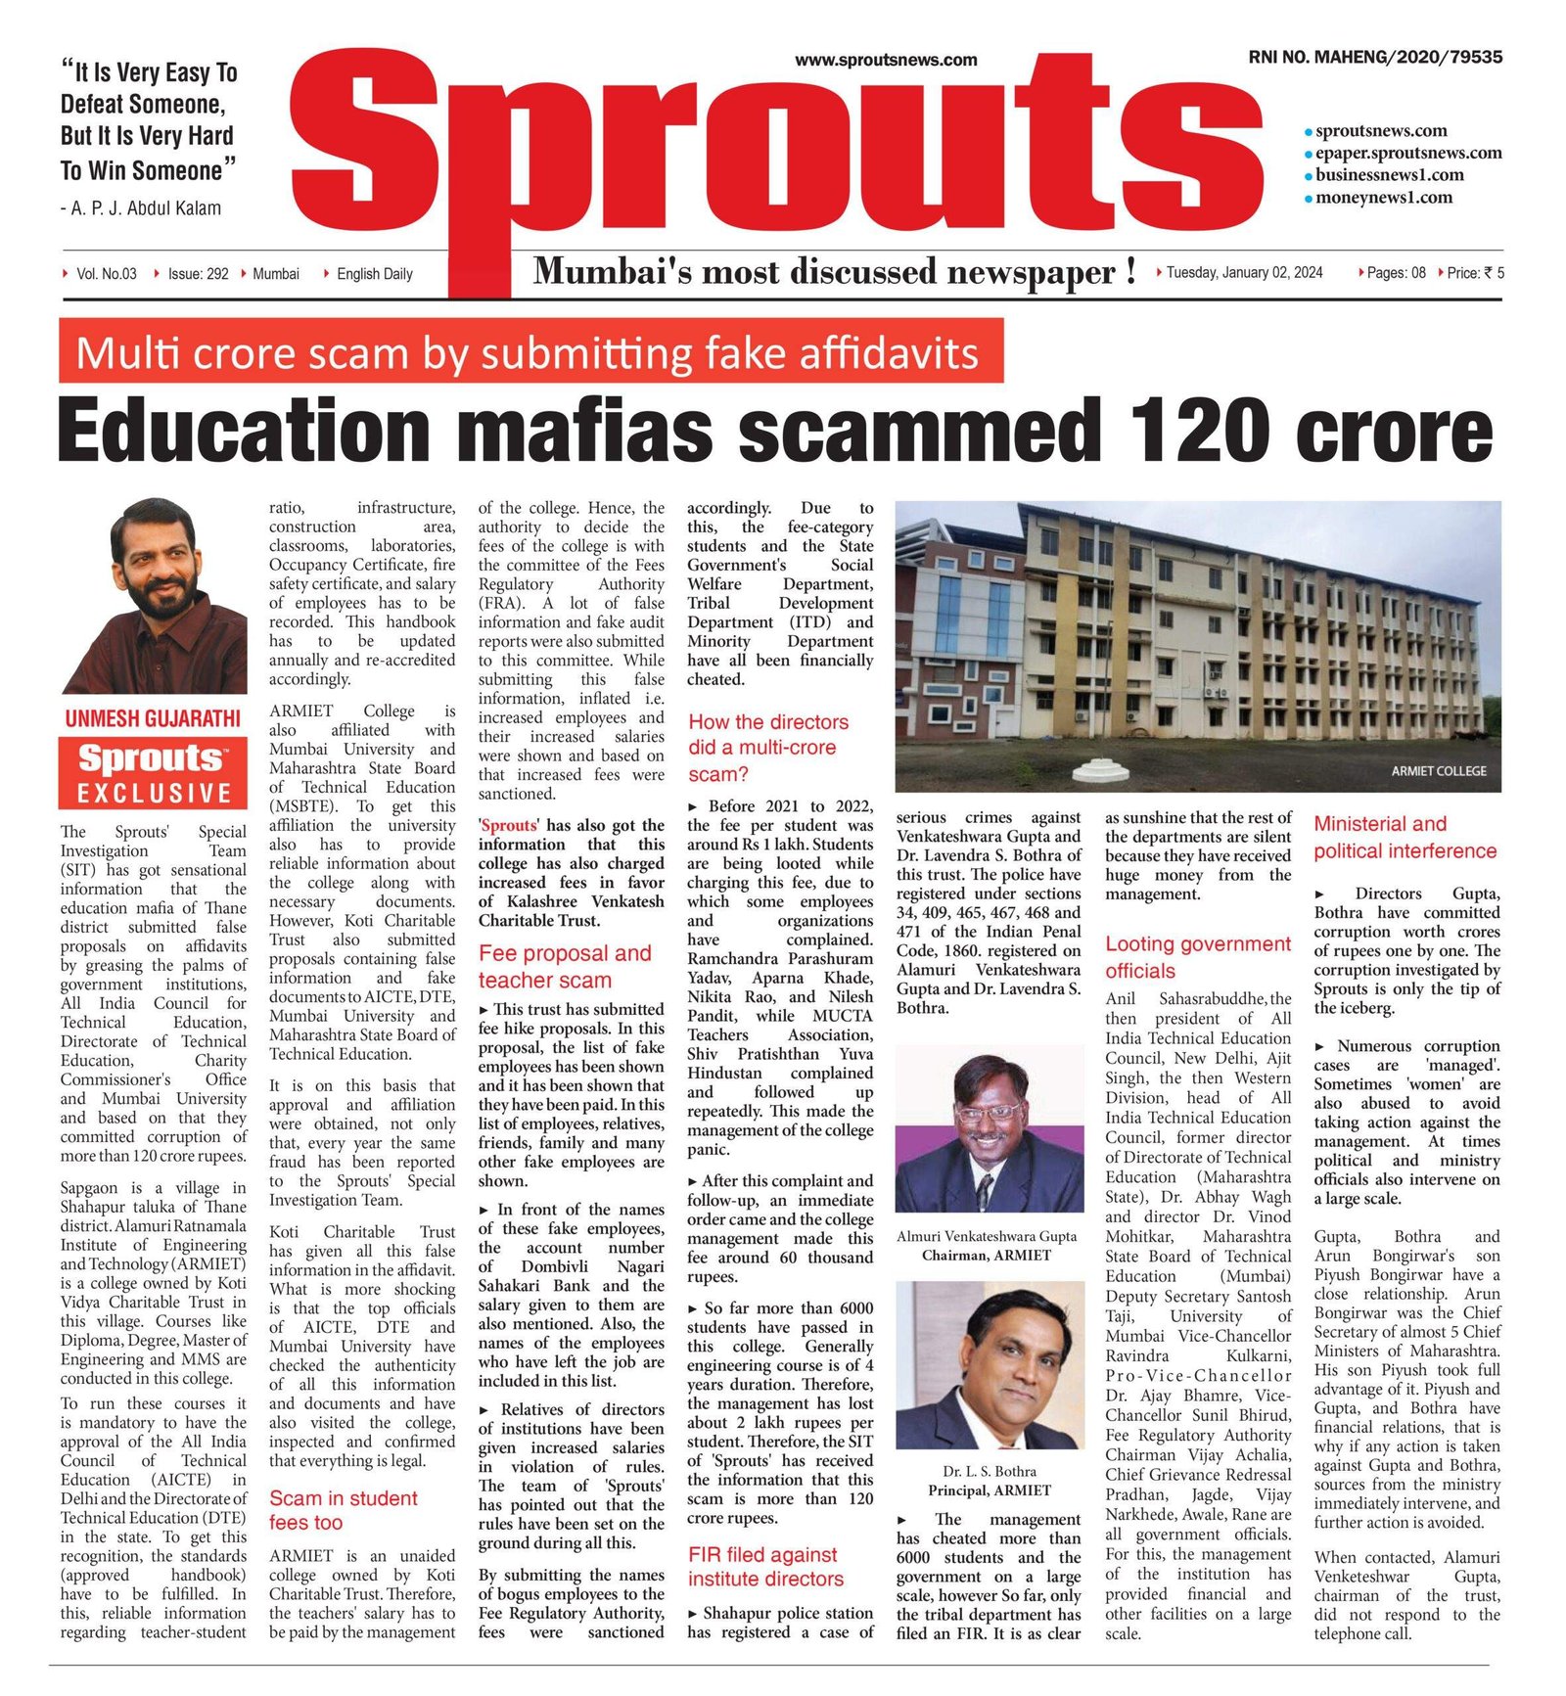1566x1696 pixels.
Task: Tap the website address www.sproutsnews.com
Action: (x=886, y=60)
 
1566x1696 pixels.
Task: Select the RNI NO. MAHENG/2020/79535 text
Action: (x=1374, y=58)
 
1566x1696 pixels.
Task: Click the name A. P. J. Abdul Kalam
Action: (x=146, y=208)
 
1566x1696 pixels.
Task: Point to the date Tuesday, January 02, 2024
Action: (x=1243, y=273)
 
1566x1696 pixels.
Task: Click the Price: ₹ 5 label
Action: (x=1475, y=273)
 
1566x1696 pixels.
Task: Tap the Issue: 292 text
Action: (x=198, y=274)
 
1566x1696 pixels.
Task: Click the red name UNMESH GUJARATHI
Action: (x=153, y=719)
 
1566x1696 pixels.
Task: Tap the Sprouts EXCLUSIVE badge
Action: (x=153, y=772)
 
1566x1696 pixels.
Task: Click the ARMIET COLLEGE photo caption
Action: (x=1438, y=771)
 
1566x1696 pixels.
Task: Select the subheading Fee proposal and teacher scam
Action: (x=565, y=967)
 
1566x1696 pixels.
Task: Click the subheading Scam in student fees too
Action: (x=343, y=1510)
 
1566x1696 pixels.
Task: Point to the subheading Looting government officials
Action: (x=1197, y=957)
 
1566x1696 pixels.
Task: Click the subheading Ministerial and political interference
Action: (x=1405, y=838)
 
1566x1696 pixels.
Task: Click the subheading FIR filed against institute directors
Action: (x=765, y=1567)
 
